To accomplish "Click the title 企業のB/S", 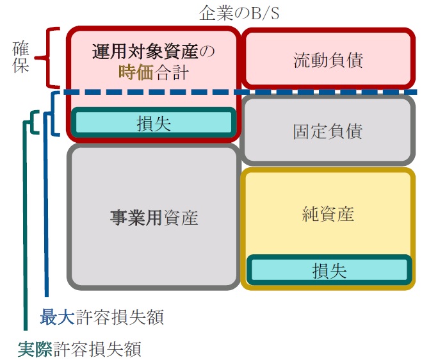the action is [x=239, y=13].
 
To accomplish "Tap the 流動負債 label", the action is [x=328, y=60].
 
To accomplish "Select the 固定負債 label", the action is [x=327, y=131].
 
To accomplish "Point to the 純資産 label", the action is [x=328, y=214].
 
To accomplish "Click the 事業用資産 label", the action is [x=154, y=218].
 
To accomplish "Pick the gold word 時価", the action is [x=136, y=72].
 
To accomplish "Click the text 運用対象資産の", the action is [x=154, y=51].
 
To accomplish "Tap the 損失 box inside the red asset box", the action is [x=154, y=122].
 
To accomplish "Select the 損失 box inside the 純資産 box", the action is [x=329, y=270].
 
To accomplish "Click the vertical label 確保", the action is [x=20, y=57].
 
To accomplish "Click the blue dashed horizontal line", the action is [x=240, y=92].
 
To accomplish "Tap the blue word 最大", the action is [x=58, y=317].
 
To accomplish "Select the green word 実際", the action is [x=35, y=349].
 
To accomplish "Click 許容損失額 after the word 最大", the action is [x=120, y=317].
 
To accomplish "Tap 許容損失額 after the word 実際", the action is [x=97, y=349].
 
